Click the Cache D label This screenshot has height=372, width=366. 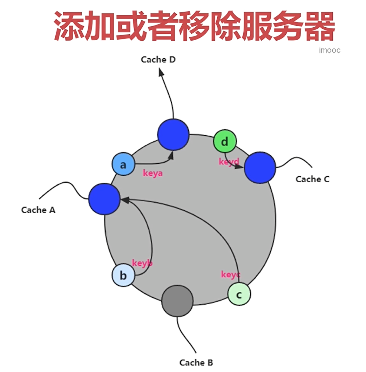coord(158,60)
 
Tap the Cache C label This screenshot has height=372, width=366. coord(312,179)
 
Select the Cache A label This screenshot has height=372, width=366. coord(38,210)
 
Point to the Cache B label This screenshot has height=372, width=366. coord(196,363)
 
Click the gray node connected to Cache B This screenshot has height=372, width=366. coord(177,301)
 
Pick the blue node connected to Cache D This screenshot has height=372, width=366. coord(173,135)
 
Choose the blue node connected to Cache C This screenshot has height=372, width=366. coord(260,168)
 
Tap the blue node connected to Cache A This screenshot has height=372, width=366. coord(104,199)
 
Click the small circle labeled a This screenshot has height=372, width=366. coord(123,164)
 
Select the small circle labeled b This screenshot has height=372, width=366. coord(123,275)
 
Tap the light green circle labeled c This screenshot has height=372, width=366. coord(239,294)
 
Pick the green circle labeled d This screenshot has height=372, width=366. coord(225,141)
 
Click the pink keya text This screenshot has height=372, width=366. coord(153,173)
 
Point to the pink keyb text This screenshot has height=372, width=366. coord(142,263)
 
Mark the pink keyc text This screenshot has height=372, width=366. coord(230,275)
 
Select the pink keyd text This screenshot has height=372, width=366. coord(229,162)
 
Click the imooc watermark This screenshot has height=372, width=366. coord(330,50)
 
